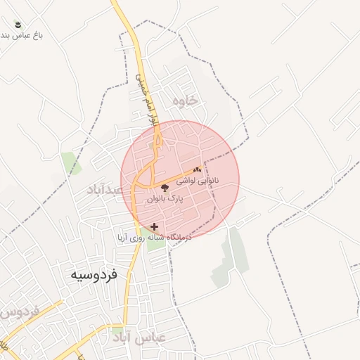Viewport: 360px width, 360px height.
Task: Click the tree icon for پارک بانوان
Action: [x=165, y=188]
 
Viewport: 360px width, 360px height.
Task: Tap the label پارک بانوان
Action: [x=165, y=199]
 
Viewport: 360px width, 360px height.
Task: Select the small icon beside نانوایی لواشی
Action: [x=198, y=169]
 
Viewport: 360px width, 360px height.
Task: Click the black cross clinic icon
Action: [x=154, y=226]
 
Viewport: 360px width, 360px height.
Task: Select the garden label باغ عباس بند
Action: [x=21, y=35]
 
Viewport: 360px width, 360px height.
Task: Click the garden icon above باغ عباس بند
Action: [x=18, y=25]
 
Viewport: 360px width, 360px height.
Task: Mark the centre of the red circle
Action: [x=180, y=179]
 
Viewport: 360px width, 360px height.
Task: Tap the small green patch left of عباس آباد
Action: [x=117, y=329]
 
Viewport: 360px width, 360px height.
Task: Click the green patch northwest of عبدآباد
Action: [x=71, y=163]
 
